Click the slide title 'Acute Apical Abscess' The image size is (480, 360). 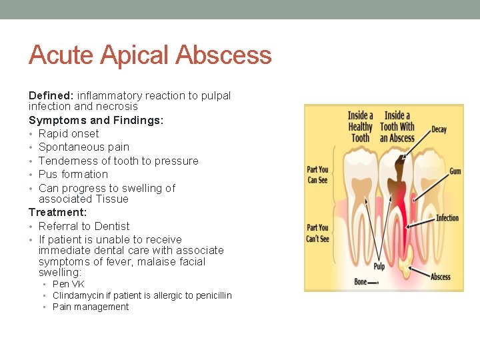coord(150,55)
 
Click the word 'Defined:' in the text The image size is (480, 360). coord(51,95)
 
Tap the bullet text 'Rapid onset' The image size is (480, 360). coord(69,133)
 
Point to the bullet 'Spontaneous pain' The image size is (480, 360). coord(84,147)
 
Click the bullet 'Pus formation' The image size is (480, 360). coord(73,174)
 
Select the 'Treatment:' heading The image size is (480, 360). coord(57,212)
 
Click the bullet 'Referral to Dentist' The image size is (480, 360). coord(84,226)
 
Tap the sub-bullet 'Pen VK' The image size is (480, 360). coord(69,284)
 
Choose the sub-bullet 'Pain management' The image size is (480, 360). coord(91,307)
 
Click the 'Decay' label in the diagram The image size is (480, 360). coord(439,129)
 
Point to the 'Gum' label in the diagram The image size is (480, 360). coord(455,171)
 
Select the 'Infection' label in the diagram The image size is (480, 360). coord(447,218)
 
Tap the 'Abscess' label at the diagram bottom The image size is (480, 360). coord(440,277)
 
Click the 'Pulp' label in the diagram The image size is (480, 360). coord(379,267)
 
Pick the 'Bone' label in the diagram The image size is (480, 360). coord(361,282)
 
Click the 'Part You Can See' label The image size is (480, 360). coord(317,175)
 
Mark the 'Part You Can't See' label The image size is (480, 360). coord(317,233)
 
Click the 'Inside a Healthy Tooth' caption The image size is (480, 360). coord(360,127)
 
